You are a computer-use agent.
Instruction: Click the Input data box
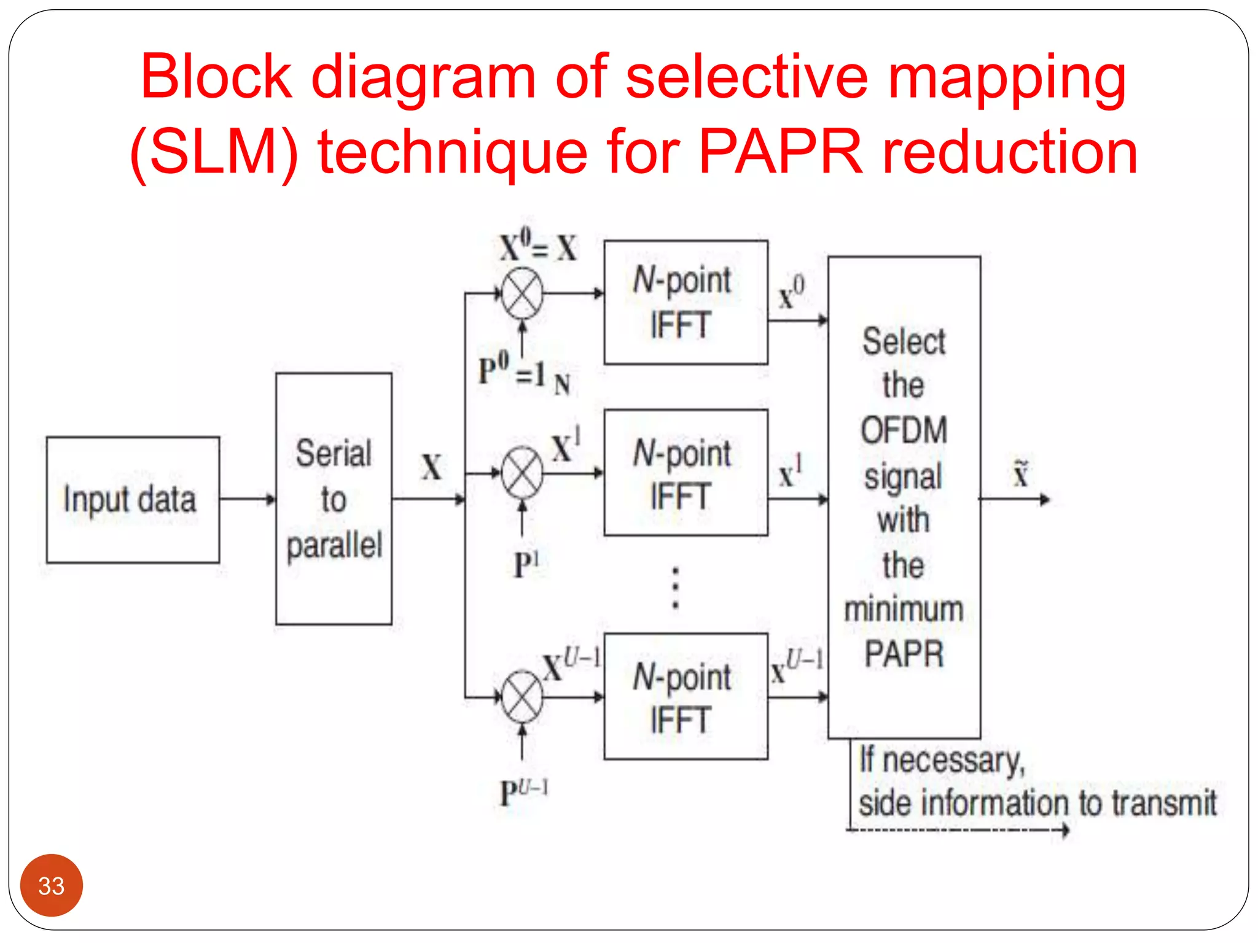click(x=133, y=500)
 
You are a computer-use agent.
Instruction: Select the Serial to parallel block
click(x=334, y=499)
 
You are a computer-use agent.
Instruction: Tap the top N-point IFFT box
click(x=686, y=303)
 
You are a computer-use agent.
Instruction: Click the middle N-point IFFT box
click(x=686, y=473)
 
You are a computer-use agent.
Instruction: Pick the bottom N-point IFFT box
click(x=686, y=697)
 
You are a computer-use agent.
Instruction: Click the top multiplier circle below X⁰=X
click(x=522, y=294)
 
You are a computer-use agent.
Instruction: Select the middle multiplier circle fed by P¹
click(x=522, y=473)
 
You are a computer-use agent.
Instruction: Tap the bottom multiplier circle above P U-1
click(x=522, y=697)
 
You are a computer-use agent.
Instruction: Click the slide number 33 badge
click(x=52, y=885)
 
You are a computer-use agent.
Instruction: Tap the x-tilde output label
click(x=1020, y=474)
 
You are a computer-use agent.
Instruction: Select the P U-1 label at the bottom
click(x=523, y=792)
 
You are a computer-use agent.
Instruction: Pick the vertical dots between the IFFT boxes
click(x=676, y=588)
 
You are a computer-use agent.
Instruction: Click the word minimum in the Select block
click(x=904, y=610)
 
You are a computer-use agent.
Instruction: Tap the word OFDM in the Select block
click(x=904, y=430)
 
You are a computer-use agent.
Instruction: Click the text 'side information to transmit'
click(x=1037, y=803)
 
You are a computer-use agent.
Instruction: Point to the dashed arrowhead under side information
click(x=1065, y=831)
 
